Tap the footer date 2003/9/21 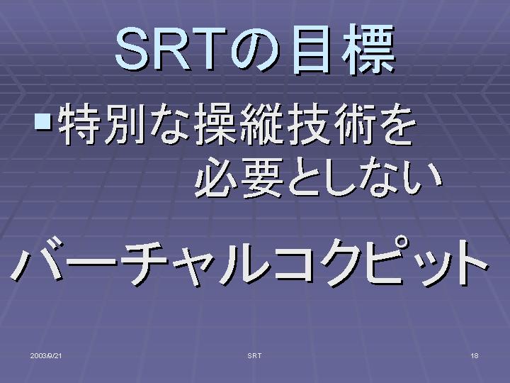point(46,355)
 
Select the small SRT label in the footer point(254,355)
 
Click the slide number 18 point(475,355)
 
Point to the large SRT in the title point(171,49)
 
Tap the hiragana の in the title point(256,51)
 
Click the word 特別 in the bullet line point(101,123)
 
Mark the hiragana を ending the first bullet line point(396,125)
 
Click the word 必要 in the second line point(238,177)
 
